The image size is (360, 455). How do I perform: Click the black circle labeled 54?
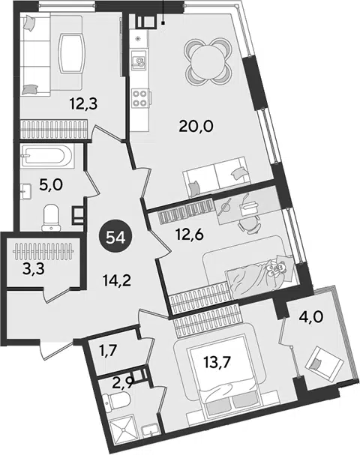115,238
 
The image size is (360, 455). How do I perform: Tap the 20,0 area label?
196,126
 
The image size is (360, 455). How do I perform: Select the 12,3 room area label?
83,103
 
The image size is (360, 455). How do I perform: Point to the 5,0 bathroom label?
51,184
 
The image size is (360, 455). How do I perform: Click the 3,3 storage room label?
34,269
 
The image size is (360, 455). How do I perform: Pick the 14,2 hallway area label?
117,280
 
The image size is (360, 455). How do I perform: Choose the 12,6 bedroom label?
190,234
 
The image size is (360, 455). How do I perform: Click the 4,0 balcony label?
310,317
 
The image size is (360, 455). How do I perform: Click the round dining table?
208,61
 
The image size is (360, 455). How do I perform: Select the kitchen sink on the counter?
138,59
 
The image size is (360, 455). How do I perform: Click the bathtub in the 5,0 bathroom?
47,157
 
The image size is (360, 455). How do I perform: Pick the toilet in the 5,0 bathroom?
51,217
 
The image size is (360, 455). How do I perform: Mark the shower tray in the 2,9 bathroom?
122,432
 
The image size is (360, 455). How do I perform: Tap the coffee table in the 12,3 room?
71,54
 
